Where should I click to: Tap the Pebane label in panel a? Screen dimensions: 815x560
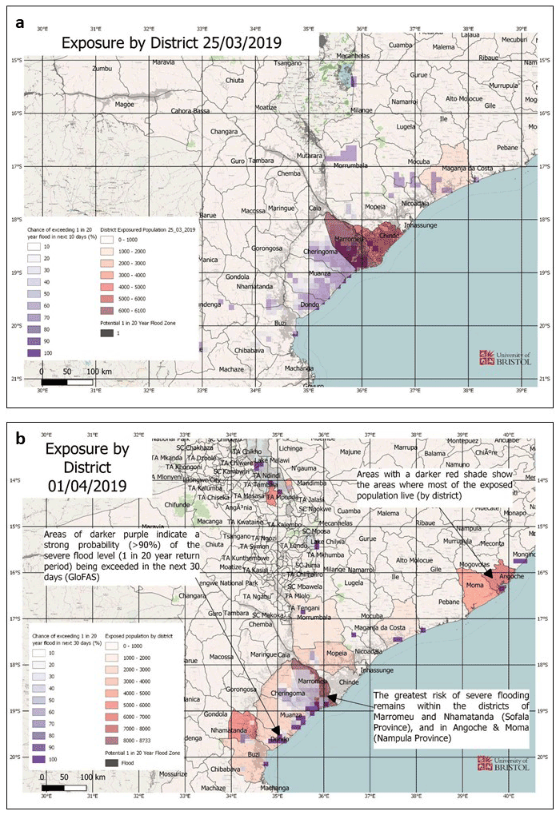(x=507, y=148)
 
